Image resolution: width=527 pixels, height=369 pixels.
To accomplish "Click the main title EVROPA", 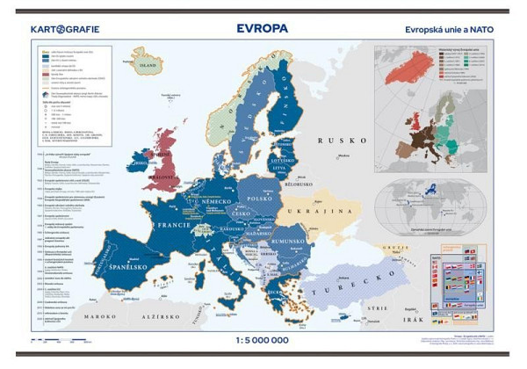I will click(x=262, y=28).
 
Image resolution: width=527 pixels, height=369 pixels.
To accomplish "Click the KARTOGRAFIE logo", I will click(x=65, y=29).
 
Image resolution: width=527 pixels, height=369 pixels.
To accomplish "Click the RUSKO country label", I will click(x=336, y=140).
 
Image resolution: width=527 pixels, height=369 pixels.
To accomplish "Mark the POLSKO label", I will click(x=263, y=199).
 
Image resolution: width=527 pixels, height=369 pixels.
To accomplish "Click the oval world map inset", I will click(x=429, y=208).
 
